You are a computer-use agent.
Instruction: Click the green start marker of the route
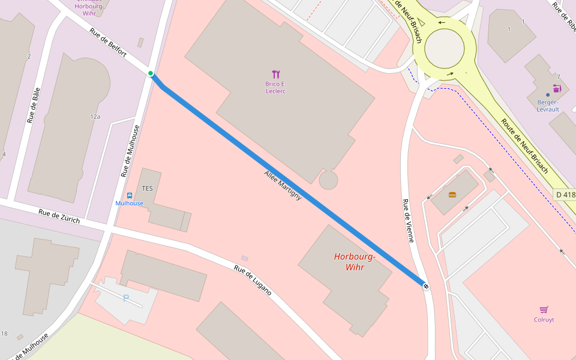click(x=151, y=74)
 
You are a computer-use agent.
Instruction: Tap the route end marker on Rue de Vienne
click(x=425, y=286)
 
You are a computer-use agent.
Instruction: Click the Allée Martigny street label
click(x=283, y=185)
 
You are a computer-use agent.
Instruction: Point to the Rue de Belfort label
click(x=108, y=43)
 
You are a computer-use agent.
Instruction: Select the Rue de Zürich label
click(x=59, y=215)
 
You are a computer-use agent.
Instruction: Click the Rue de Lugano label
click(x=253, y=280)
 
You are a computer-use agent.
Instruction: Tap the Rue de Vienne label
click(x=408, y=221)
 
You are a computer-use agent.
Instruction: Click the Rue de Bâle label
click(x=34, y=105)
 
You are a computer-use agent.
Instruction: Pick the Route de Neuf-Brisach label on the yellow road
click(x=524, y=146)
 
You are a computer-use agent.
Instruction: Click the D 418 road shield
click(x=565, y=194)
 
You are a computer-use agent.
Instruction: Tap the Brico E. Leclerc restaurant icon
click(x=276, y=74)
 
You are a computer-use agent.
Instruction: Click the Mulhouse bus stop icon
click(x=130, y=196)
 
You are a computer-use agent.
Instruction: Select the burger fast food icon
click(x=452, y=194)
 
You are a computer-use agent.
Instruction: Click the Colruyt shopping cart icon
click(x=544, y=310)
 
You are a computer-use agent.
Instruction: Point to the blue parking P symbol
click(x=126, y=298)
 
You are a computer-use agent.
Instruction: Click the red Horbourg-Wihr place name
click(x=355, y=262)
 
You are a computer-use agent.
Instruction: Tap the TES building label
click(x=147, y=188)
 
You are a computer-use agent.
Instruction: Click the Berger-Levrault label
click(x=547, y=106)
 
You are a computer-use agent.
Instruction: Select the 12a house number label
click(x=95, y=116)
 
